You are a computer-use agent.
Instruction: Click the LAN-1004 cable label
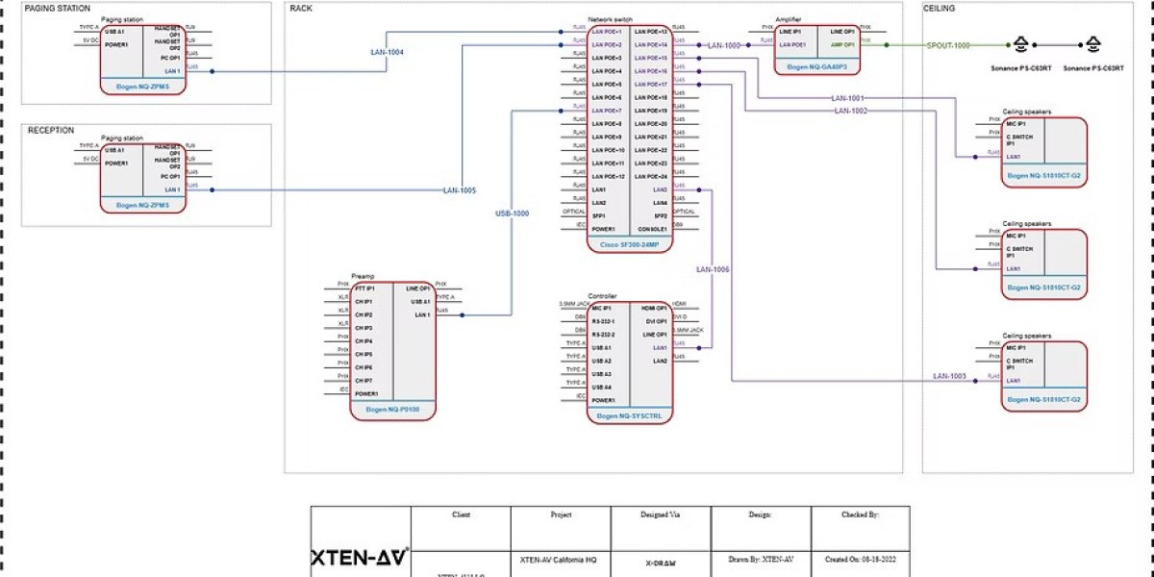[387, 52]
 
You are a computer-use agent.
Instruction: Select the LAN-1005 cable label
[459, 190]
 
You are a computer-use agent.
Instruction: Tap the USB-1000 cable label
[512, 213]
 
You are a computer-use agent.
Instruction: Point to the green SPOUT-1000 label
[948, 45]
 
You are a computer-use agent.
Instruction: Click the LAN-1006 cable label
[713, 269]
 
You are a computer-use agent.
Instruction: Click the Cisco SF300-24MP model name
[629, 245]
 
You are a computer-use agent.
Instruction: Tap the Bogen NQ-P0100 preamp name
[392, 410]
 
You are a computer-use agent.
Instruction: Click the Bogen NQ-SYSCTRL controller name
[629, 415]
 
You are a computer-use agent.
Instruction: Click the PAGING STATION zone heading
[59, 9]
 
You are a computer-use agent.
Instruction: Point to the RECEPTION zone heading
[50, 131]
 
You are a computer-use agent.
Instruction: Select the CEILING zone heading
[940, 9]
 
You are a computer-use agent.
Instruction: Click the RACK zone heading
[301, 9]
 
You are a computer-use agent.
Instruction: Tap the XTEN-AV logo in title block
[359, 557]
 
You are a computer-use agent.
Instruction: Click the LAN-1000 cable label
[725, 45]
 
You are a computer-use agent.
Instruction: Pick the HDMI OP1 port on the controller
[655, 308]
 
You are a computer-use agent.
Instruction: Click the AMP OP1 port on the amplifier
[841, 44]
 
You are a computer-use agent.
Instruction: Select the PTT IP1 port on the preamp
[365, 288]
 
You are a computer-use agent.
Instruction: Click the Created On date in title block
[860, 559]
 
